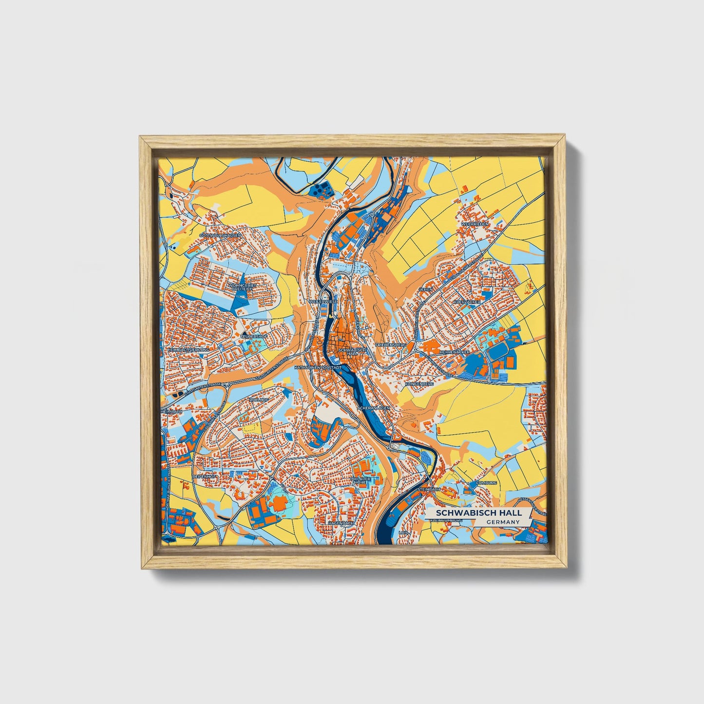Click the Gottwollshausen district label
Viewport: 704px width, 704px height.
[x=220, y=235]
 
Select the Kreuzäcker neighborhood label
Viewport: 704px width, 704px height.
[x=467, y=302]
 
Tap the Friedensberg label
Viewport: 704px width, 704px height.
[x=391, y=344]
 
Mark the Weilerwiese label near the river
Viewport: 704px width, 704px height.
[x=323, y=302]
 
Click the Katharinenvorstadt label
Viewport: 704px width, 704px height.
[x=318, y=366]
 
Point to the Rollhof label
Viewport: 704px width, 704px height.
[x=259, y=400]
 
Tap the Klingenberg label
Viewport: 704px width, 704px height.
[x=419, y=384]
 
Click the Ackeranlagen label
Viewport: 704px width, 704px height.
[x=374, y=407]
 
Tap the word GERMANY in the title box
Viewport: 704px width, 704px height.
[x=502, y=522]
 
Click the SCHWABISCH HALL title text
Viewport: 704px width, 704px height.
[x=478, y=513]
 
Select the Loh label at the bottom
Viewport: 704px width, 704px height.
[x=402, y=533]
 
